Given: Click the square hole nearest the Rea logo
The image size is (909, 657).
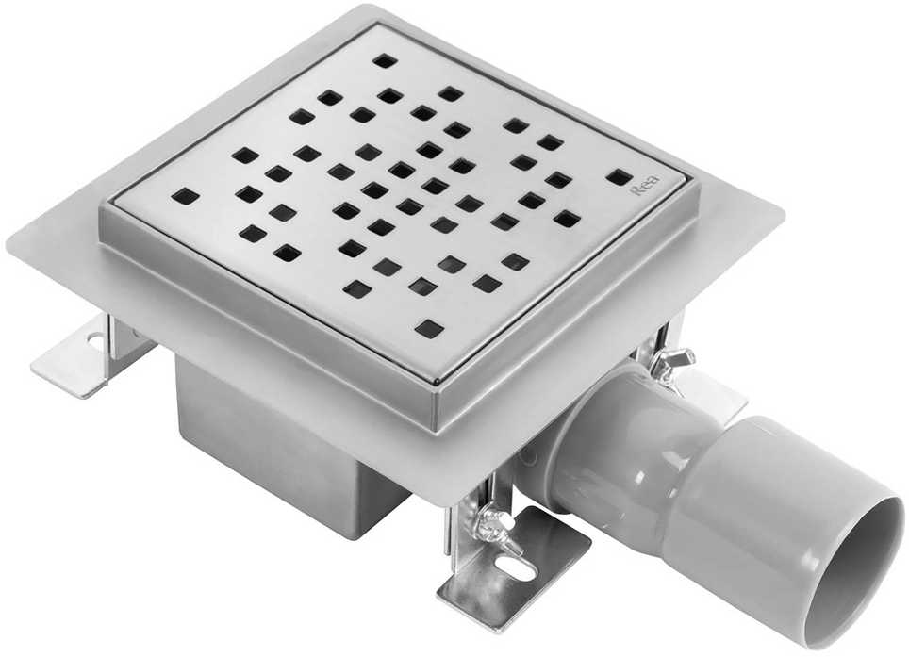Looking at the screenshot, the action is click(620, 176).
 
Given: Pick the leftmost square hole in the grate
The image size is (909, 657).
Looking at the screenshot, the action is click(185, 195).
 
